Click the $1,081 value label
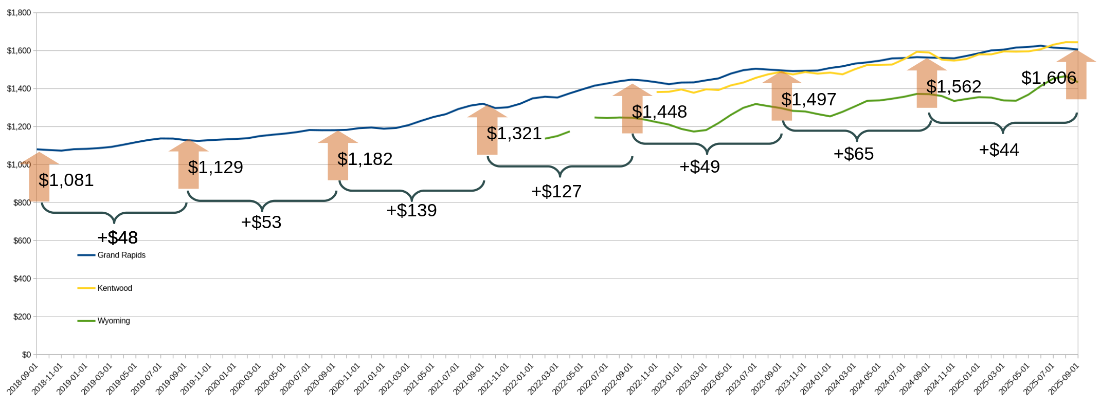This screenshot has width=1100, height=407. [66, 180]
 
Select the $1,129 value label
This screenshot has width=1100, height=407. [215, 168]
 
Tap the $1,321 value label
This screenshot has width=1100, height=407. [514, 134]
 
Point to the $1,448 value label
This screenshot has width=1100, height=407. [659, 112]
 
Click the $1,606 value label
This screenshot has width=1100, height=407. [1049, 78]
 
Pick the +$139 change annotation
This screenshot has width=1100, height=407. [411, 211]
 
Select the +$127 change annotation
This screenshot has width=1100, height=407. [556, 192]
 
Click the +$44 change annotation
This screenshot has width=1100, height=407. [999, 150]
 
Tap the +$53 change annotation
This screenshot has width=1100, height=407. [261, 223]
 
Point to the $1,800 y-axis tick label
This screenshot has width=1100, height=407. [19, 13]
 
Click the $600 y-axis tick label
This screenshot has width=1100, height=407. [22, 240]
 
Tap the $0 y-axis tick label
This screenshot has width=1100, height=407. [26, 355]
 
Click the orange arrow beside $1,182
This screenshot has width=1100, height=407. [338, 156]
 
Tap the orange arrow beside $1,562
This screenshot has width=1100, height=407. [927, 83]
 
